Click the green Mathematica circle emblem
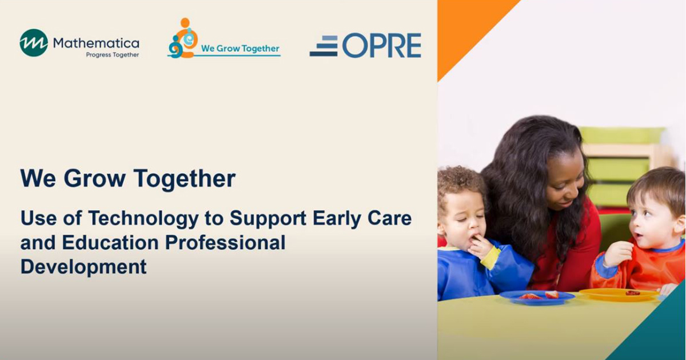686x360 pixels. click(34, 43)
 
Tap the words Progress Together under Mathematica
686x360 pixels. click(113, 55)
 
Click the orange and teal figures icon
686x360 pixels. click(183, 38)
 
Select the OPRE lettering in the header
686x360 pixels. click(382, 45)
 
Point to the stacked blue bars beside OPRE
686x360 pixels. click(324, 46)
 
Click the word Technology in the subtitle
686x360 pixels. click(143, 218)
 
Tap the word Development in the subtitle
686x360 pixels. click(83, 267)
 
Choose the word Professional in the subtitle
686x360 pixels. click(225, 242)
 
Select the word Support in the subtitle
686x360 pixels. click(268, 219)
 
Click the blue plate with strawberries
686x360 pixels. click(537, 297)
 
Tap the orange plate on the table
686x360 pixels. click(619, 294)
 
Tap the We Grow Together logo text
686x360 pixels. click(240, 49)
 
